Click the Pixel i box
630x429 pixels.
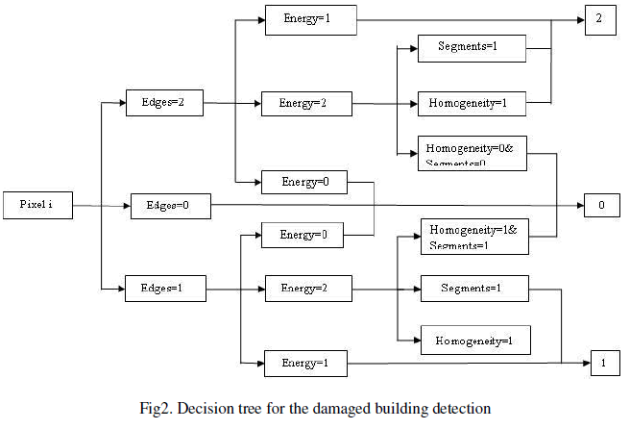tap(37, 205)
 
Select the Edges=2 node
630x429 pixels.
tap(164, 102)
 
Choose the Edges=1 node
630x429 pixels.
tap(164, 287)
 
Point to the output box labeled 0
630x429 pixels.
tap(601, 205)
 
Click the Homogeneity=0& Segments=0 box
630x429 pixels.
tap(472, 153)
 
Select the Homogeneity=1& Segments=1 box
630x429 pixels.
tap(474, 237)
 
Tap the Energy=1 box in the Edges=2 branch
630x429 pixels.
tap(311, 19)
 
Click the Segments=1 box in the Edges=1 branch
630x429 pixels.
tap(472, 287)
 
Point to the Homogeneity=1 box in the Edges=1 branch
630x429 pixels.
tap(474, 341)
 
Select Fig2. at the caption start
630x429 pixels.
tap(156, 408)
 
